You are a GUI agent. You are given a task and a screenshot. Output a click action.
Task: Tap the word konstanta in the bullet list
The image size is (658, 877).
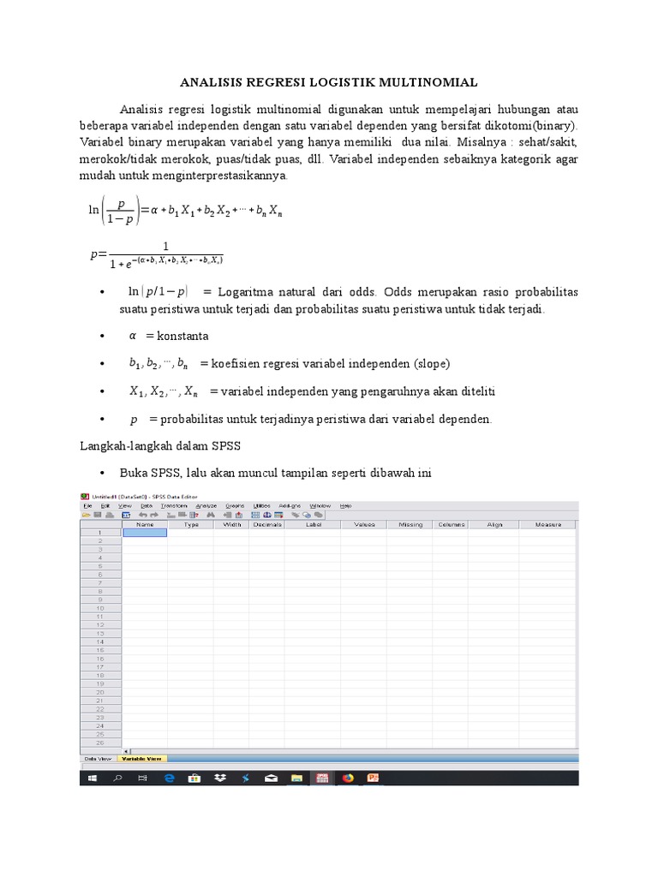[x=182, y=336]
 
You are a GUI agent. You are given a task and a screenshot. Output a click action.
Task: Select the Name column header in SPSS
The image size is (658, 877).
[x=145, y=524]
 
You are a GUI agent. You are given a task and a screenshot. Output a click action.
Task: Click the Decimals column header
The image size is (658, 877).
[x=266, y=524]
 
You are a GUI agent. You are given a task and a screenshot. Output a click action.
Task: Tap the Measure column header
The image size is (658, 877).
[x=547, y=524]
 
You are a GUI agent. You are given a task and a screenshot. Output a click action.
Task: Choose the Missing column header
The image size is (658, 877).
[x=410, y=524]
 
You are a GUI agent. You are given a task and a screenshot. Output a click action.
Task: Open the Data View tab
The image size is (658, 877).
[x=98, y=758]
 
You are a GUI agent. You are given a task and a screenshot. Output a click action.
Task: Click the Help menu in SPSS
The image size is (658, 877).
[x=346, y=506]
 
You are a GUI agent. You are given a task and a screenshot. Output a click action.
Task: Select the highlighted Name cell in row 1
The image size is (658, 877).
[x=145, y=533]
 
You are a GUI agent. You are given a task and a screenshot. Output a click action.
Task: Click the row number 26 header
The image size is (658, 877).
[x=100, y=743]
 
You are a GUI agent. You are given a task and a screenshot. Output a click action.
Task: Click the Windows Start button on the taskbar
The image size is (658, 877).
[x=91, y=778]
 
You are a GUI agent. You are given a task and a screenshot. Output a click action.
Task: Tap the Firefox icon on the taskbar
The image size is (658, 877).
[x=348, y=778]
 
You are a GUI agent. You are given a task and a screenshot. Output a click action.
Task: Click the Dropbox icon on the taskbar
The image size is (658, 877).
[x=220, y=778]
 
